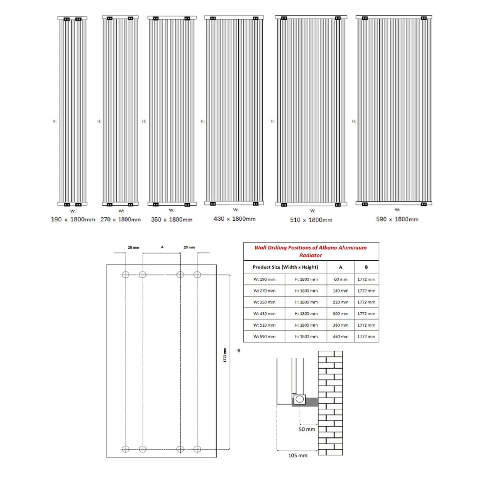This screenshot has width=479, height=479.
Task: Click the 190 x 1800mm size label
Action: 73,220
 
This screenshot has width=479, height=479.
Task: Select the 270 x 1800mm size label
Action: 121,220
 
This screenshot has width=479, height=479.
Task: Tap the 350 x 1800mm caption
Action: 172,220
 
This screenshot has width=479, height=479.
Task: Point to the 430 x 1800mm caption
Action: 234,219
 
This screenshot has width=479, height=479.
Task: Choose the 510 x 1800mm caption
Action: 311,220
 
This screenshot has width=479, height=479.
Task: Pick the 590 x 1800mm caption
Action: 397,219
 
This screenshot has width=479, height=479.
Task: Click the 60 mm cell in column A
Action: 340,279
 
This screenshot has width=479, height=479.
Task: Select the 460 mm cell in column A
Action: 340,336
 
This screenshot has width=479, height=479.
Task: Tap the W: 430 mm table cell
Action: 264,314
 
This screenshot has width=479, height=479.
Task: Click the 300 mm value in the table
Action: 340,314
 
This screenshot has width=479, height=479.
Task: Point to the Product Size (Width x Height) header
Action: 285,267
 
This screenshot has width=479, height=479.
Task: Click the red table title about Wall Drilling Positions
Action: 311,251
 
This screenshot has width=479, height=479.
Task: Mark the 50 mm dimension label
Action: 307,430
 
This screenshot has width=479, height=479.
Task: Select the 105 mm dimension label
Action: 298,455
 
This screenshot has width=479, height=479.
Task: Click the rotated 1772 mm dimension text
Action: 225,355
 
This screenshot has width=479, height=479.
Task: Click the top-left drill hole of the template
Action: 125,275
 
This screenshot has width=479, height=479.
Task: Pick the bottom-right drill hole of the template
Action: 197,449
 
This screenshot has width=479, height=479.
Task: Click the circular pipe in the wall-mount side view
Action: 299,399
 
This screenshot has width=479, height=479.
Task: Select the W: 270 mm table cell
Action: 264,291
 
